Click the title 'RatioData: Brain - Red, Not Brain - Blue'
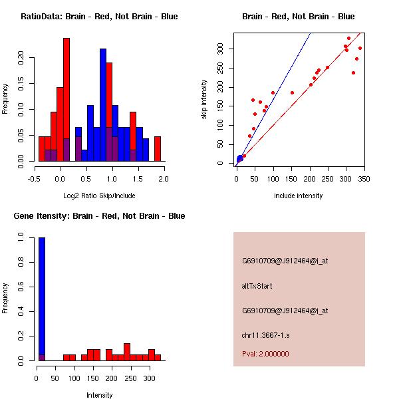tap(99, 17)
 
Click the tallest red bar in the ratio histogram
tap(66, 100)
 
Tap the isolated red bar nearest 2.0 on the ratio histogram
tap(158, 148)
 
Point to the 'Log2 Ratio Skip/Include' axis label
tap(99, 196)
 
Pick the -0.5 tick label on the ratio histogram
tap(34, 178)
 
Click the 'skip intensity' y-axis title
tap(204, 100)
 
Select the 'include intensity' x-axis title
tap(298, 196)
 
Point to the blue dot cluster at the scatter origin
tap(240, 159)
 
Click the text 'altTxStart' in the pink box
tap(257, 286)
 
